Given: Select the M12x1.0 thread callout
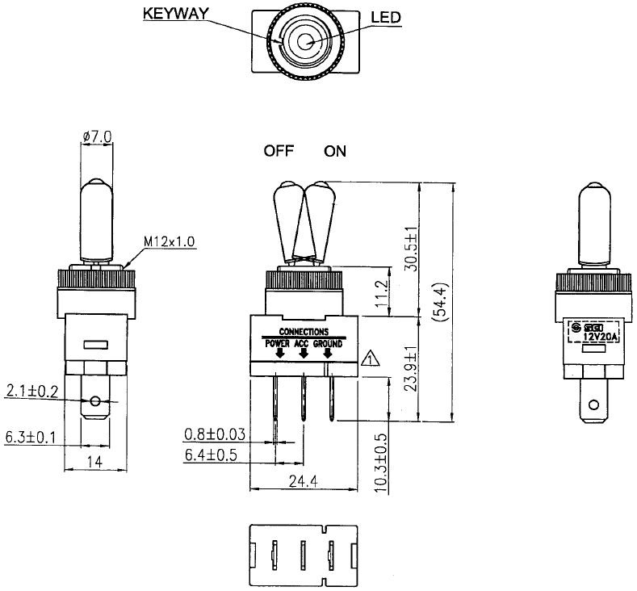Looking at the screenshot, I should point(170,241).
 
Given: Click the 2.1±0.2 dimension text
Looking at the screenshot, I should point(32,392).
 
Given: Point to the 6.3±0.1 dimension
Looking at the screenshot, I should point(31,437).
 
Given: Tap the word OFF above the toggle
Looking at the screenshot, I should point(279,151).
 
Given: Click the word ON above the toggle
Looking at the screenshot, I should point(335,151).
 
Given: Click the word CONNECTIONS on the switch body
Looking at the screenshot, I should point(303,332).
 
